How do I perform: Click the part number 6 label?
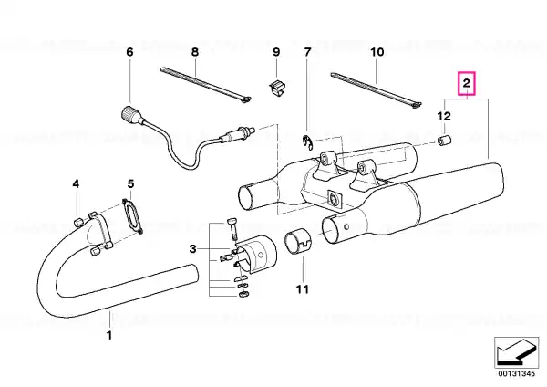(129, 52)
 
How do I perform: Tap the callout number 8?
(195, 52)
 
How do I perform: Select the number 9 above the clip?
(276, 52)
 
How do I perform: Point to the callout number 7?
(307, 52)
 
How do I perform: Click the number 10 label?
(377, 52)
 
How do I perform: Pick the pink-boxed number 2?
(467, 83)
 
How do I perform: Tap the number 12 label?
(444, 116)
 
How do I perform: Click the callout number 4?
(76, 183)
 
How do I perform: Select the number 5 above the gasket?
(130, 183)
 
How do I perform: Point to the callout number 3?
(193, 249)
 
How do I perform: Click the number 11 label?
(303, 289)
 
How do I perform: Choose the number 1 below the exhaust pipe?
(109, 335)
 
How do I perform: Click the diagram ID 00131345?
(517, 373)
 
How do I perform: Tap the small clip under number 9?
(277, 88)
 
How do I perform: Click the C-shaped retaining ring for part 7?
(307, 143)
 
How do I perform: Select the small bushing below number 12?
(445, 141)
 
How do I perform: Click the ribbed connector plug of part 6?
(129, 115)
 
